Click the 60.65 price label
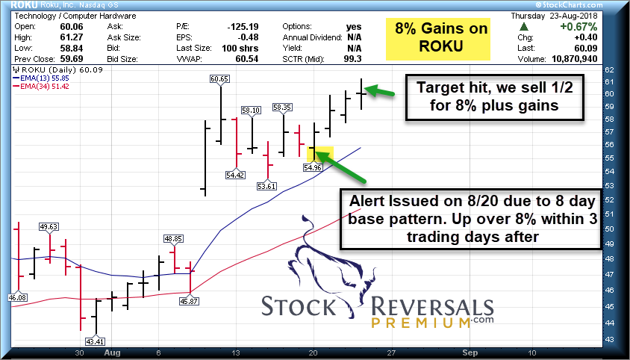[219, 79]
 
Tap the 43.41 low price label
[95, 341]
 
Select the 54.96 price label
[313, 167]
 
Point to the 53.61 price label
[266, 186]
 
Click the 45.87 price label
[189, 301]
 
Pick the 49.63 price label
[49, 227]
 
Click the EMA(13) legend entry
[41, 78]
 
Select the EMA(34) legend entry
[41, 86]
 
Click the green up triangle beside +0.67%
[523, 27]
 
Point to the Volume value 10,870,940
[572, 59]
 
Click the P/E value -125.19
[243, 27]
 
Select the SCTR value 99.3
[352, 59]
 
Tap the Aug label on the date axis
[112, 353]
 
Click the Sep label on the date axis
[470, 353]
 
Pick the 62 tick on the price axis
[609, 69]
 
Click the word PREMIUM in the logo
[422, 323]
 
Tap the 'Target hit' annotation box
[494, 97]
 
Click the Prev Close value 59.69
[71, 59]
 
